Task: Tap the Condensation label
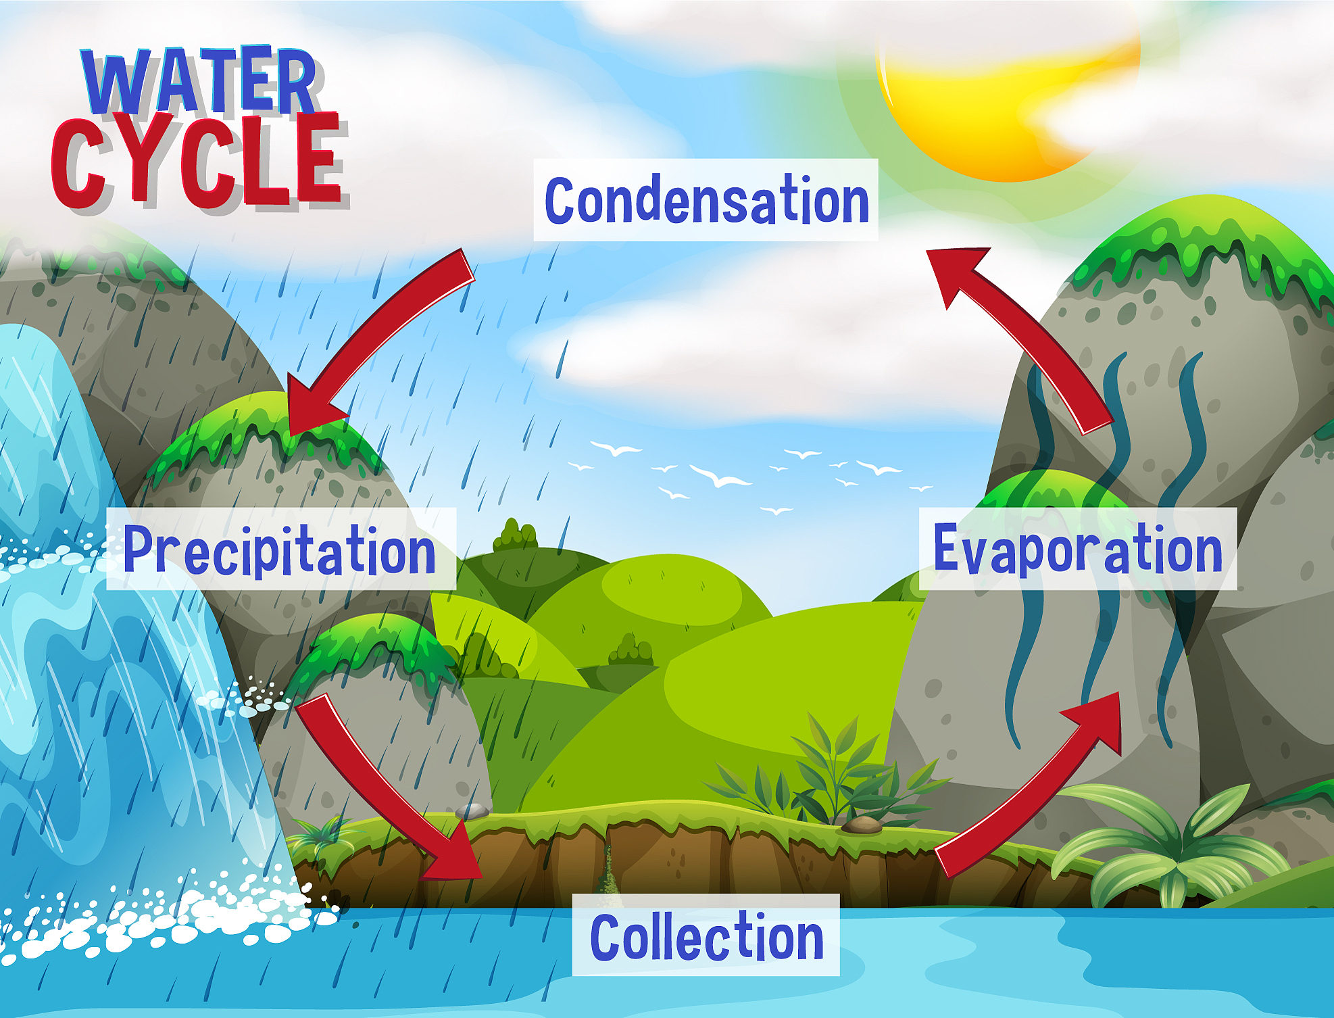point(706,200)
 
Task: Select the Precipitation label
point(281,549)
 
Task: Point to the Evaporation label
point(1078,549)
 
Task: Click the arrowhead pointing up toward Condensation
point(956,274)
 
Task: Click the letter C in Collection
point(607,936)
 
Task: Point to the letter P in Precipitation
point(139,549)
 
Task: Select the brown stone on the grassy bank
point(862,825)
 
